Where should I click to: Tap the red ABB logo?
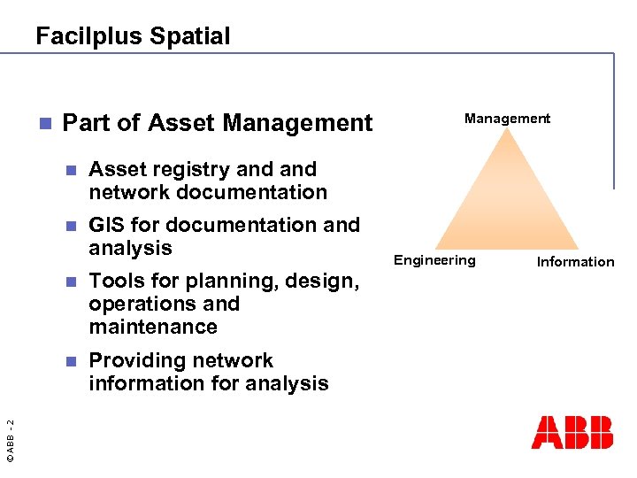point(572,432)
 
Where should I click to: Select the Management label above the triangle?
point(507,118)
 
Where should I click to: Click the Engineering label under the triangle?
point(434,259)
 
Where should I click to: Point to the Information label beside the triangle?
point(575,261)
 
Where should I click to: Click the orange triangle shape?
point(507,199)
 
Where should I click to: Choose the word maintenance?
point(152,327)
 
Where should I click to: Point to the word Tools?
point(116,281)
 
